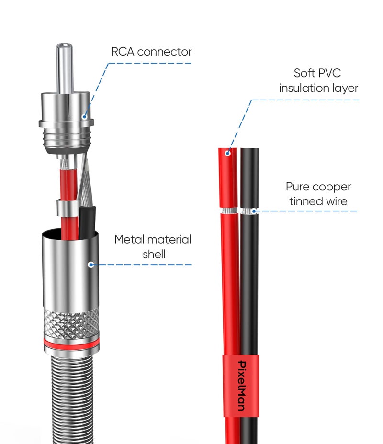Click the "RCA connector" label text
[x=151, y=52]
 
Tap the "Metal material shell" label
[x=153, y=246]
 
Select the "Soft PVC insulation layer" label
[x=318, y=81]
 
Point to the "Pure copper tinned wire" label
[x=318, y=194]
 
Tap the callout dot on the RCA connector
[x=84, y=115]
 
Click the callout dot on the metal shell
[x=90, y=264]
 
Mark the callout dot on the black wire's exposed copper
[x=254, y=211]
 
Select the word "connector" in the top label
[x=164, y=52]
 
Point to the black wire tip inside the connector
[x=88, y=215]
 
